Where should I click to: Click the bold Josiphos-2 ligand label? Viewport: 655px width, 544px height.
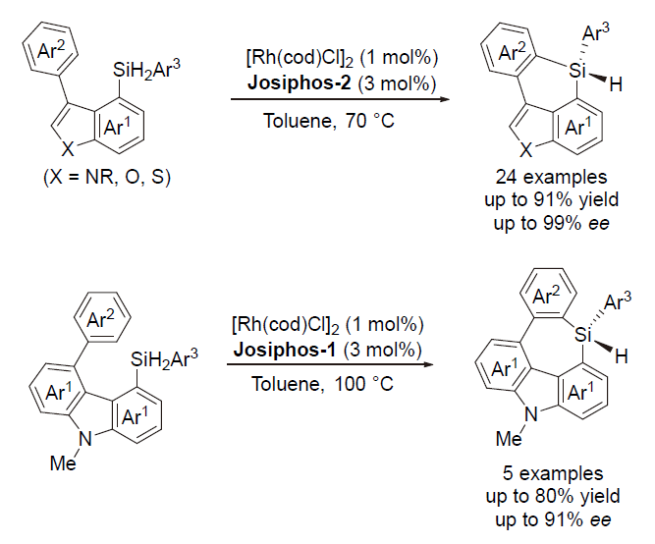[x=300, y=82]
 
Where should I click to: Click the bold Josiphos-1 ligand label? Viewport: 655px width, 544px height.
[x=285, y=350]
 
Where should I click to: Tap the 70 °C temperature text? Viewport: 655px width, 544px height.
[x=369, y=121]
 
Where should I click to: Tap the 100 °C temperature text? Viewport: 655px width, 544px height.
[x=363, y=384]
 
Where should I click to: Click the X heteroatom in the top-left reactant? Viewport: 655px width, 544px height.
[x=68, y=148]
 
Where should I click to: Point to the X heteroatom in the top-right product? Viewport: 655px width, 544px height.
[x=526, y=149]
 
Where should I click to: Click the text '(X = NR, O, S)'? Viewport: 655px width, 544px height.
[x=107, y=177]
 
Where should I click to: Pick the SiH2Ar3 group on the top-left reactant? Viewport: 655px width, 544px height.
[x=146, y=70]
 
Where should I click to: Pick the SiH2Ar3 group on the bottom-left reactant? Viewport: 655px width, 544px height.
[x=164, y=359]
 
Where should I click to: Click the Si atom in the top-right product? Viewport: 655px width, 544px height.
[x=577, y=71]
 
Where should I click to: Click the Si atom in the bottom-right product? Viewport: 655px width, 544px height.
[x=583, y=334]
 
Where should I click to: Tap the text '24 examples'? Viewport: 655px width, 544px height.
[x=552, y=177]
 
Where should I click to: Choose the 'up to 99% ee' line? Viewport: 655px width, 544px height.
[x=552, y=224]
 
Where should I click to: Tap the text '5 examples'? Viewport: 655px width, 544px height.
[x=553, y=473]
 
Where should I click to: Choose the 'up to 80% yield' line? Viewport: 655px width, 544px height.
[x=553, y=496]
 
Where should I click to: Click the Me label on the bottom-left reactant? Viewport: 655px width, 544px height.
[x=63, y=462]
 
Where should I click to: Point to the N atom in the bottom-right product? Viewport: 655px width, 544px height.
[x=530, y=415]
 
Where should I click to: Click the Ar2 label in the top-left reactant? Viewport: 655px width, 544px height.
[x=51, y=51]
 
